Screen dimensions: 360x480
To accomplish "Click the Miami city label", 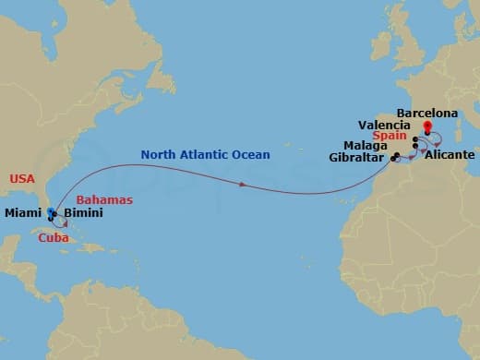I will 22,213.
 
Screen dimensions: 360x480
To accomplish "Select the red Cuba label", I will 53,237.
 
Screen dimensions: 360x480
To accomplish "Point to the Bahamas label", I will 104,199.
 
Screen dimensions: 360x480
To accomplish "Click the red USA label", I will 21,177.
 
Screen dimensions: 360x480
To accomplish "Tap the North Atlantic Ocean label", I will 205,155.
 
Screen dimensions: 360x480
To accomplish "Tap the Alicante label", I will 447,158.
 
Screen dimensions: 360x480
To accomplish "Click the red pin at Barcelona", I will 426,127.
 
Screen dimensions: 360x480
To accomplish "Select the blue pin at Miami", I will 49,212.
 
